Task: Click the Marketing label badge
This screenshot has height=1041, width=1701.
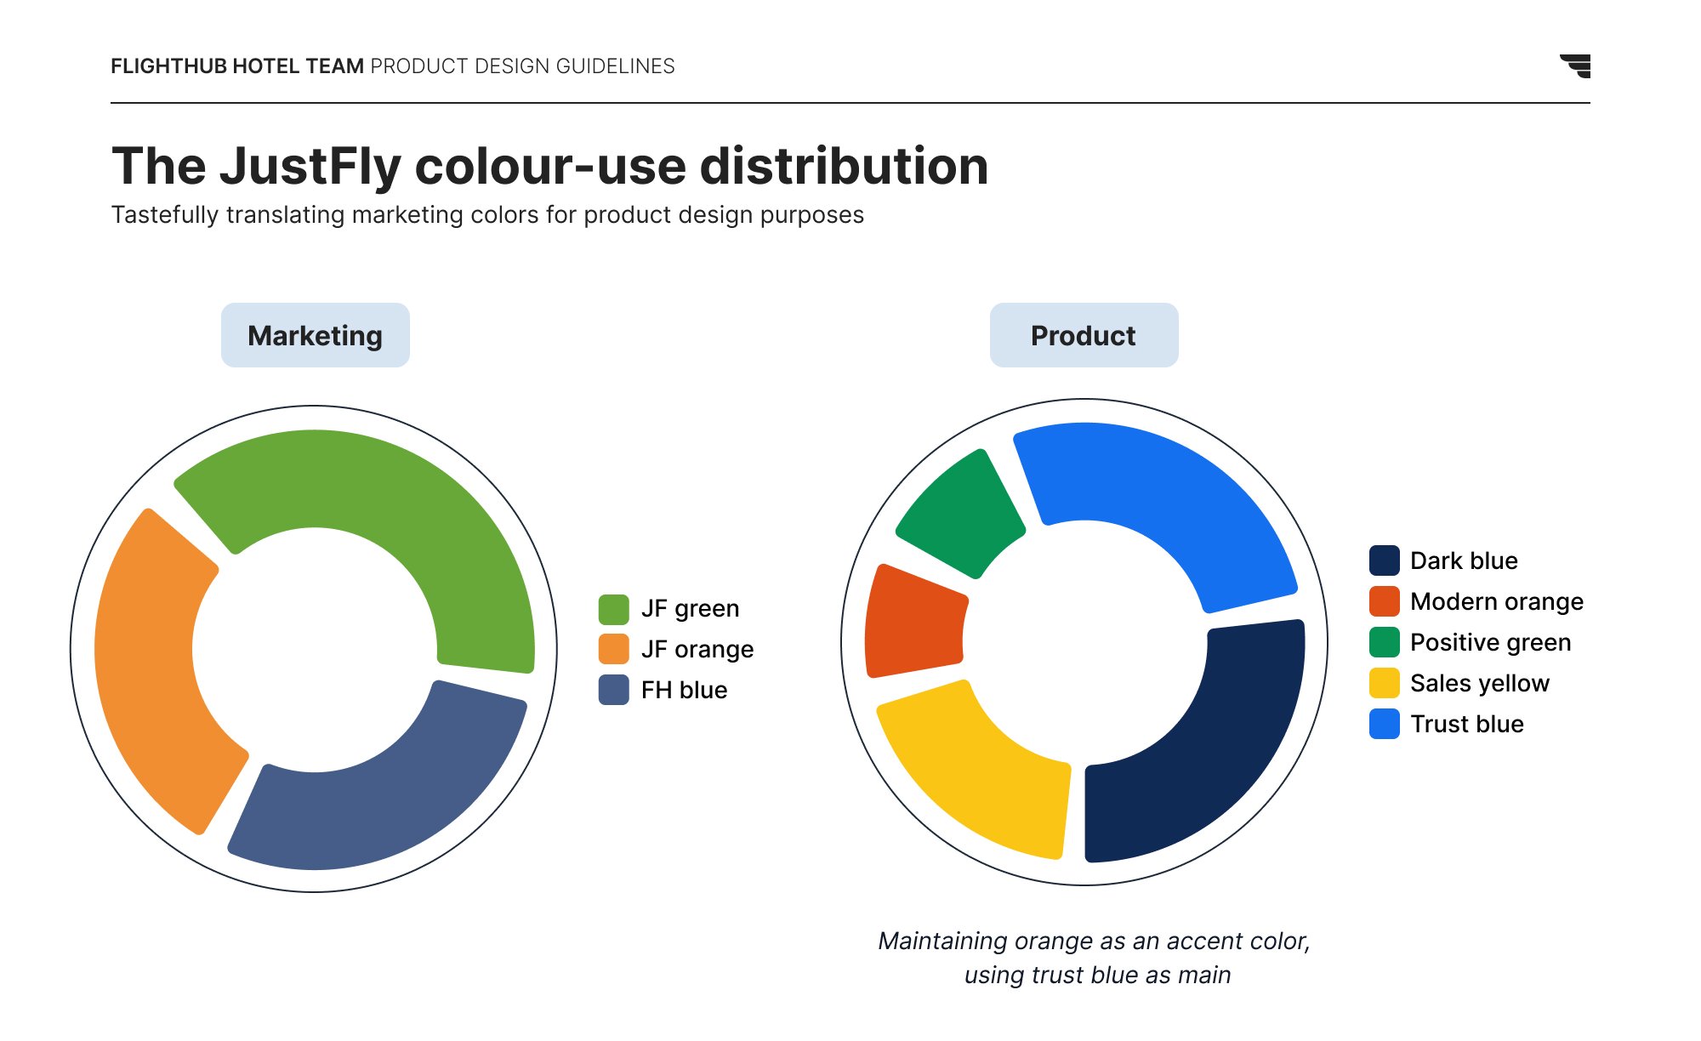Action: pyautogui.click(x=315, y=335)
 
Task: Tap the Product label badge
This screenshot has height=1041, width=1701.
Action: pyautogui.click(x=1084, y=335)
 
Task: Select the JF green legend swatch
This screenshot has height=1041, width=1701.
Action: pyautogui.click(x=613, y=609)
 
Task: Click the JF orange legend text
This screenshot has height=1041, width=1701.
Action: pyautogui.click(x=697, y=650)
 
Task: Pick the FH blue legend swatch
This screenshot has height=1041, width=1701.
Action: pyautogui.click(x=613, y=690)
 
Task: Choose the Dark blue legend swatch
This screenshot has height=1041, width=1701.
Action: pyautogui.click(x=1384, y=560)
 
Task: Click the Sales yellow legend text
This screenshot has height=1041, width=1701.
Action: pyautogui.click(x=1479, y=683)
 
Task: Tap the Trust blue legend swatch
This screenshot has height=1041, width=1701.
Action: pyautogui.click(x=1384, y=724)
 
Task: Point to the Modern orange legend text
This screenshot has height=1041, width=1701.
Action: pyautogui.click(x=1496, y=601)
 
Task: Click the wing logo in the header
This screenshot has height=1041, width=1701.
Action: pyautogui.click(x=1576, y=65)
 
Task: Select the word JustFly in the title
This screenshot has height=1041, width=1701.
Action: pyautogui.click(x=310, y=166)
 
